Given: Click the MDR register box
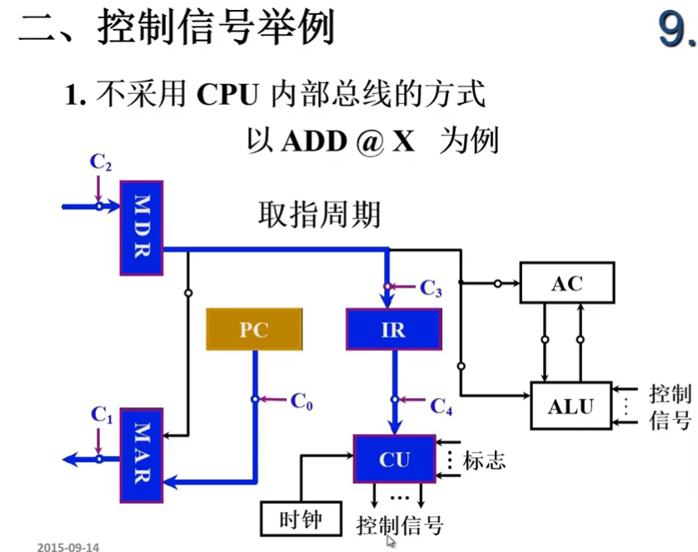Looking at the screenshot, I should coord(141,227).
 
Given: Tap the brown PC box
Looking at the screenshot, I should coord(254,330).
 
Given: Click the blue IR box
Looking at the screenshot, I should coord(393,330).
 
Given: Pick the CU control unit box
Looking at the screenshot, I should coord(394,459).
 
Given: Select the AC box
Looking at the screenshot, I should coord(566,283).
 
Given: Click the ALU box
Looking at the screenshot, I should coord(570,405).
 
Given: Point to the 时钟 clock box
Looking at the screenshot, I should coord(302,520).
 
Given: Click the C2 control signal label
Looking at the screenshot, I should coord(100,162).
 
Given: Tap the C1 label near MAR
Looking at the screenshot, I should coord(101,414).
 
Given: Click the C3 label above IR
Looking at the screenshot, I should coord(431,289).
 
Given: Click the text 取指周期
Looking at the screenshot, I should coord(319,216).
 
